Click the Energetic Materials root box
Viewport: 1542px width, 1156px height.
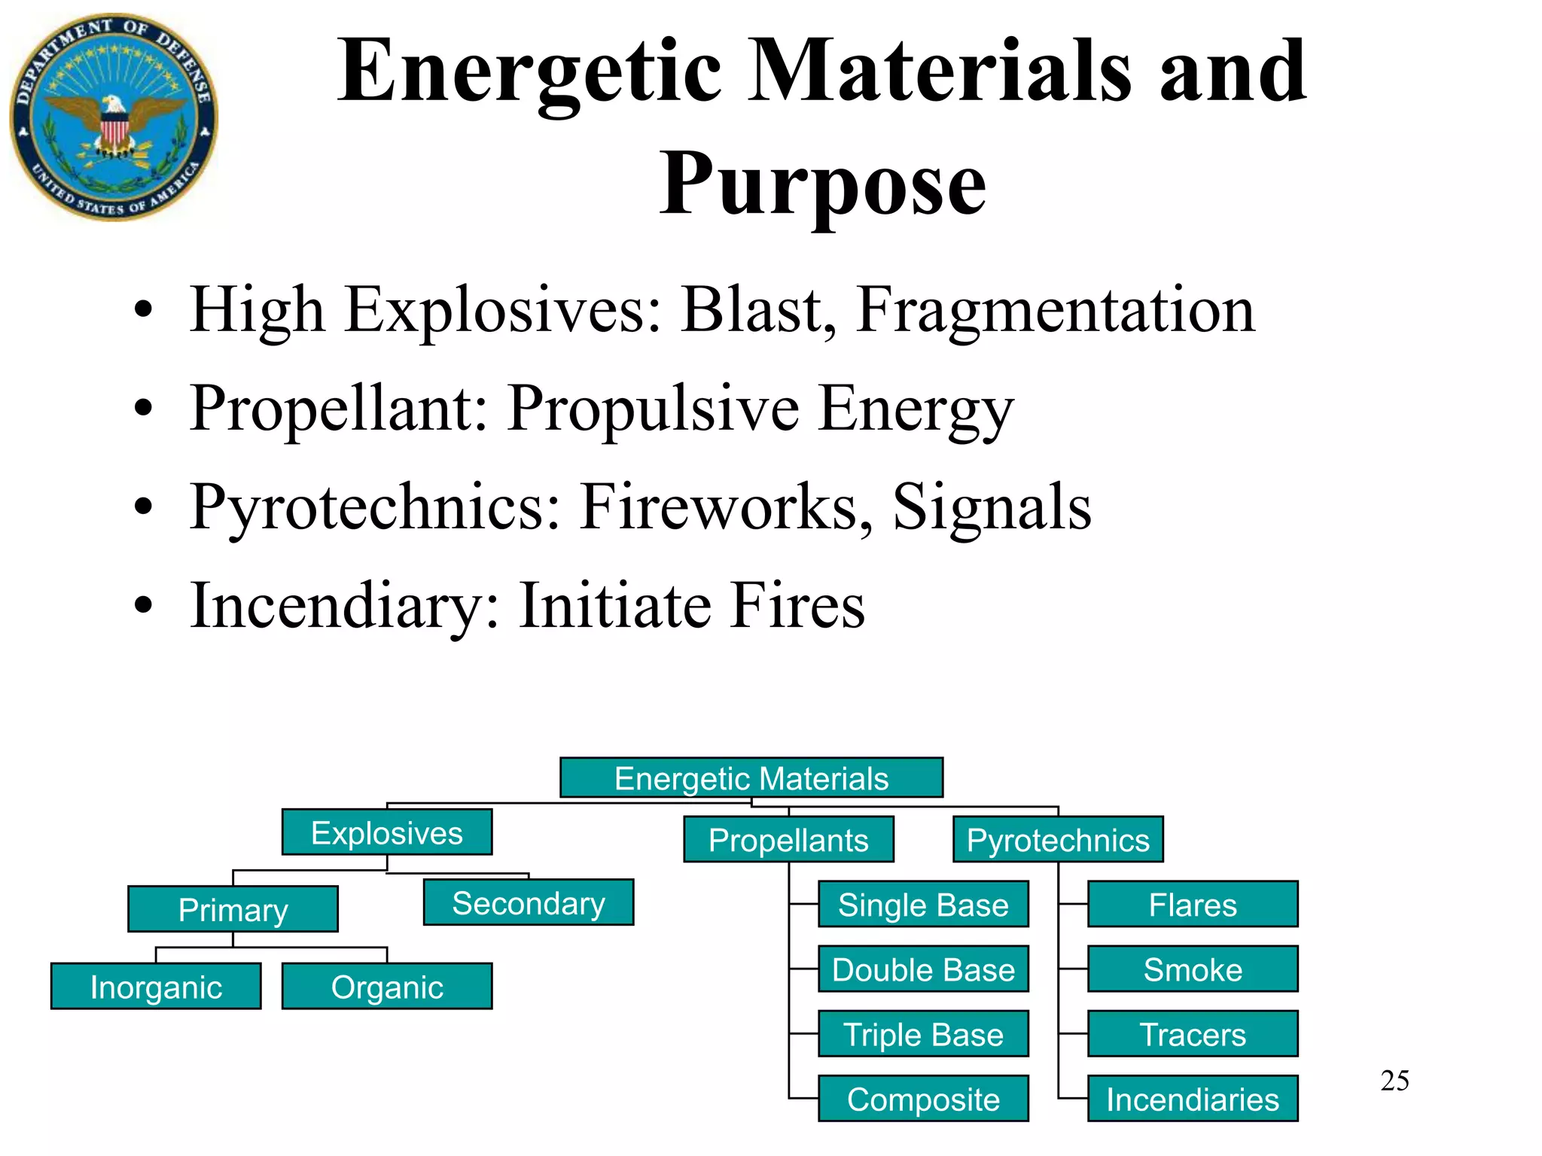[x=751, y=777]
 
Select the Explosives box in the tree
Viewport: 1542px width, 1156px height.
[x=386, y=832]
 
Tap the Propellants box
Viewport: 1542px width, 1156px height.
[x=788, y=839]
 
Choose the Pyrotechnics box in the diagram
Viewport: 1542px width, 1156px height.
[x=1057, y=839]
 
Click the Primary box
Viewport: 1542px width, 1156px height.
[x=233, y=909]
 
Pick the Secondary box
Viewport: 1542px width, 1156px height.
[x=528, y=902]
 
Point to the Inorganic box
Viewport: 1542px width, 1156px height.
[x=156, y=986]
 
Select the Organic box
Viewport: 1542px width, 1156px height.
[x=386, y=986]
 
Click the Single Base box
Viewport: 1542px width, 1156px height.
[x=922, y=904]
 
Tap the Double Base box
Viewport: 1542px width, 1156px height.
[x=922, y=969]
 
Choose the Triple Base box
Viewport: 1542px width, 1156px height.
[x=922, y=1033]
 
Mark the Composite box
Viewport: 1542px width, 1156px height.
[x=922, y=1099]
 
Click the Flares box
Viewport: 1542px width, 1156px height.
[x=1192, y=904]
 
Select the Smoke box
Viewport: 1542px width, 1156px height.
[x=1192, y=969]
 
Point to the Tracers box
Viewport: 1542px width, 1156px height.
[x=1192, y=1033]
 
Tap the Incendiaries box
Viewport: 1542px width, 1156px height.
[x=1192, y=1099]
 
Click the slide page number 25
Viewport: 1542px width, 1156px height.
[x=1394, y=1081]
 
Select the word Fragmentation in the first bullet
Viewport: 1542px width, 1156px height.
[x=1056, y=310]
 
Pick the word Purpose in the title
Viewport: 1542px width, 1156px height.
[x=822, y=184]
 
